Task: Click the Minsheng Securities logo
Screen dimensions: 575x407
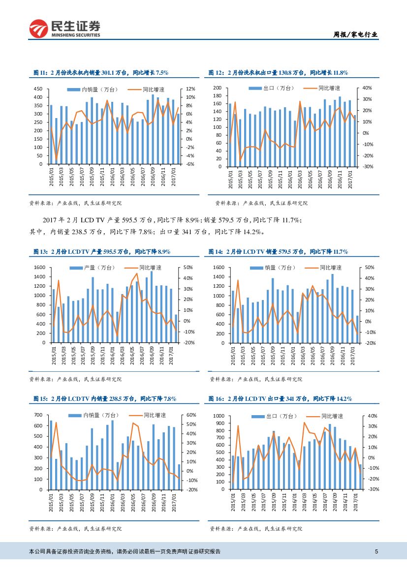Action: coord(65,29)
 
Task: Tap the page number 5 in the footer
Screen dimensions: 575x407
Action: coord(376,551)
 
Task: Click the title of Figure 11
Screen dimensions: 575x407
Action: coord(100,72)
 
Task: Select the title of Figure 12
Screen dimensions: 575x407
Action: coord(278,72)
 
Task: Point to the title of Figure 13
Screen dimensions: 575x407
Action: coord(102,251)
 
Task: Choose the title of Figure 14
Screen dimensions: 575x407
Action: coord(278,251)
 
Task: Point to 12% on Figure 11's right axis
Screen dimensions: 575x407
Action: coord(191,89)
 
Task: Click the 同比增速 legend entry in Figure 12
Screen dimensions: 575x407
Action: coord(329,88)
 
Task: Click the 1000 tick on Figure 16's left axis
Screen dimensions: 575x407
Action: coord(219,416)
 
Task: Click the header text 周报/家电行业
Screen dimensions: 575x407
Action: coord(355,34)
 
